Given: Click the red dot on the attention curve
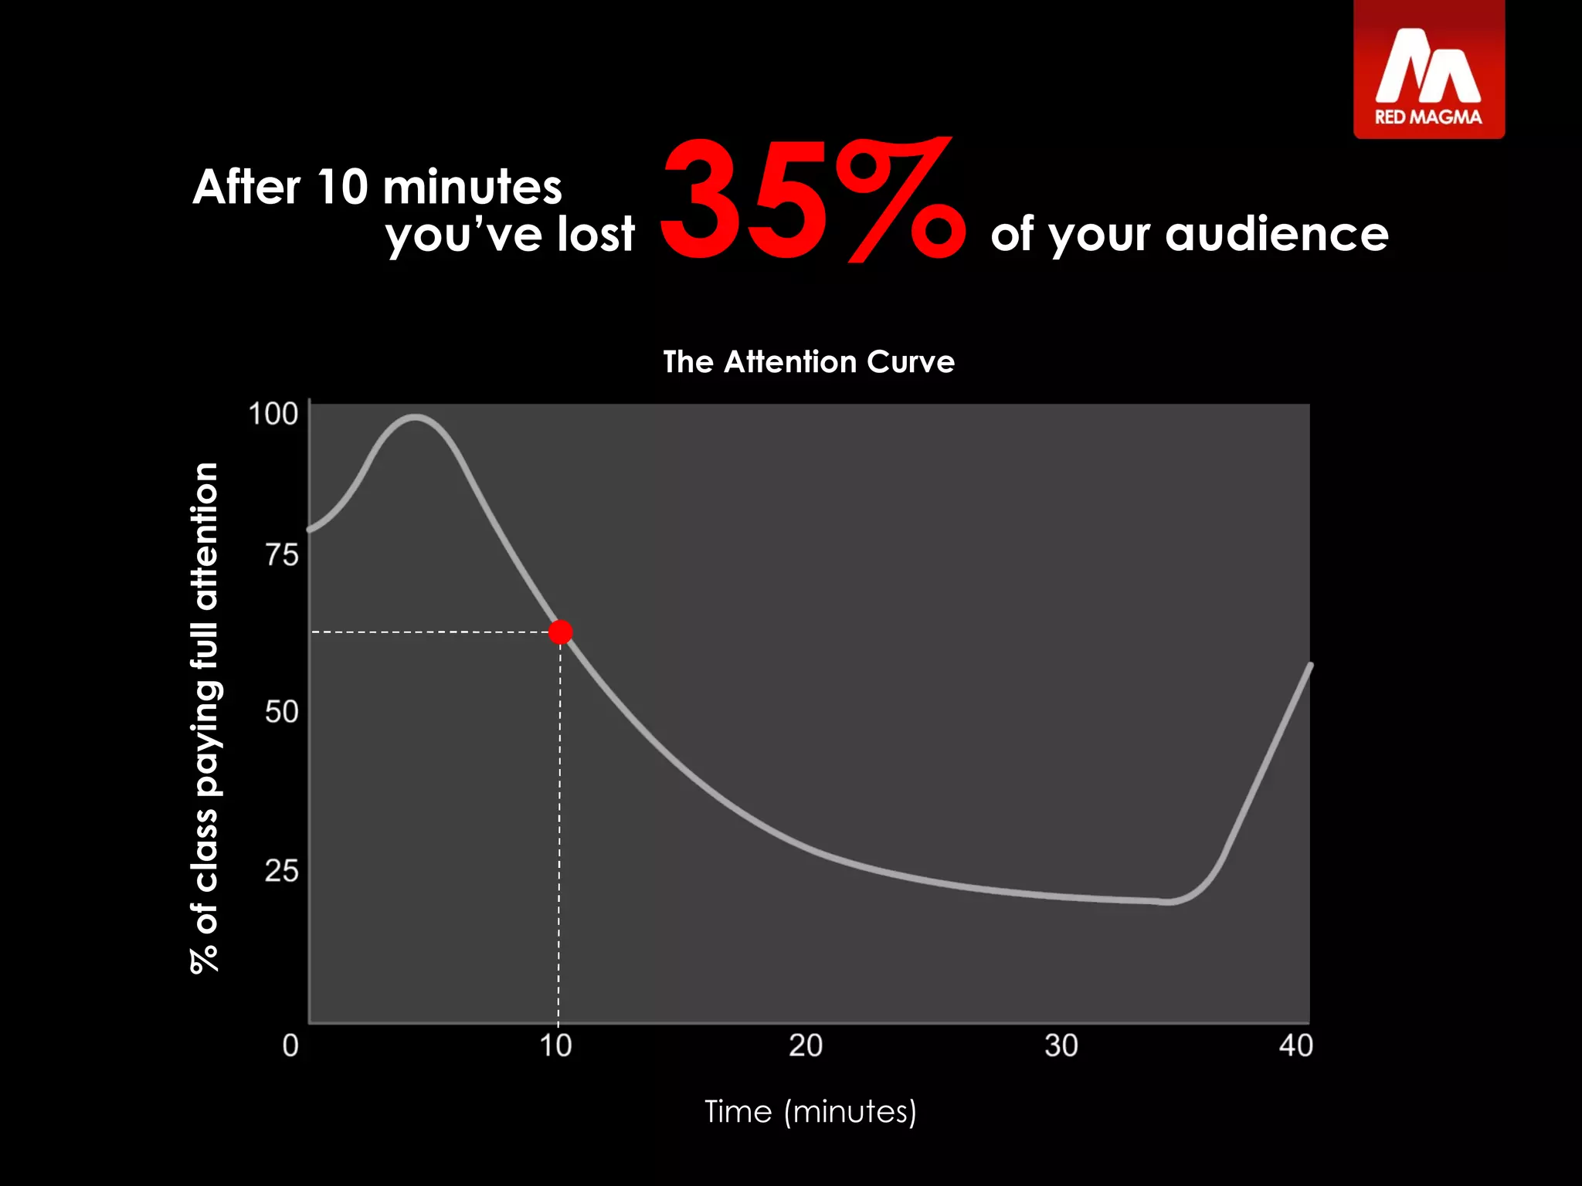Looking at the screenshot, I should tap(560, 632).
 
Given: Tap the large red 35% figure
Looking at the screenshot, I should tap(811, 201).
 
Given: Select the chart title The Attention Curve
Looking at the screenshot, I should tap(809, 361).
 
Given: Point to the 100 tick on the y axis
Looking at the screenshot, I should tap(273, 414).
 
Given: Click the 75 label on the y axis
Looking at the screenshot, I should tap(281, 554).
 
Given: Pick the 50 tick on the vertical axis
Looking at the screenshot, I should tap(281, 711).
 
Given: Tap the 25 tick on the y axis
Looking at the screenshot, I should tap(281, 870).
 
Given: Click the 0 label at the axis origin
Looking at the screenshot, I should tap(290, 1045).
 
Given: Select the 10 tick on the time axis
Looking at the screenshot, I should tap(555, 1045).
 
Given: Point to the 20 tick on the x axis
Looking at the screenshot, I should tap(805, 1045).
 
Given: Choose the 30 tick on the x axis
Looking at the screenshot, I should tap(1061, 1045).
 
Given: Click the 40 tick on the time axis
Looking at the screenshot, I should tap(1295, 1045).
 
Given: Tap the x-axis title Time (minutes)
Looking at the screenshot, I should tap(810, 1112).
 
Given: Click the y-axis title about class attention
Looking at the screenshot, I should tap(205, 718).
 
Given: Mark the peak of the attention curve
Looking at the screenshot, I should tap(416, 418).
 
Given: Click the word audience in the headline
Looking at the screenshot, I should tap(1276, 234).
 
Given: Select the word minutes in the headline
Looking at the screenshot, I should tap(472, 188).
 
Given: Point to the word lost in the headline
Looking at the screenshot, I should tap(596, 234).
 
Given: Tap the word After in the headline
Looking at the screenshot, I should tap(246, 188).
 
